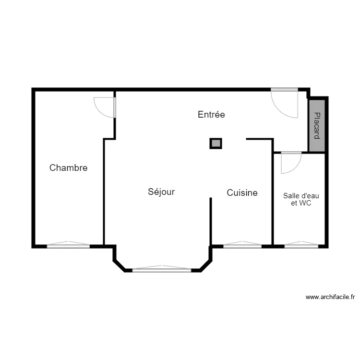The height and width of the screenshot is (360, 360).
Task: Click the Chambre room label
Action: click(69, 168)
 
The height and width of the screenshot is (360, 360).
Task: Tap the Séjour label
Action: click(161, 192)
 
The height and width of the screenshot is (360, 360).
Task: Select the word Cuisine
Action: click(242, 193)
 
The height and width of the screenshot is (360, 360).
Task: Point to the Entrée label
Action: click(211, 115)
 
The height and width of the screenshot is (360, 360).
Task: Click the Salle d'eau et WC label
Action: click(301, 199)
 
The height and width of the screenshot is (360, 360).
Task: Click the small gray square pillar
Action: click(216, 143)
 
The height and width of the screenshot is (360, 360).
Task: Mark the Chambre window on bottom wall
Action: click(68, 246)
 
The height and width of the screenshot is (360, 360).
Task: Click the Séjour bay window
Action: click(162, 270)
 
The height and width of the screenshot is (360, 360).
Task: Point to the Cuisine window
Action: click(242, 246)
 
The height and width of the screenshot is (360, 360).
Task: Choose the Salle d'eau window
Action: click(301, 246)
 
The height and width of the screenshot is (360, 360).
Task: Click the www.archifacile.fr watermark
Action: click(330, 297)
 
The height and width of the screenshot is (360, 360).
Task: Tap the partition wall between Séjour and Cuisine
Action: click(211, 221)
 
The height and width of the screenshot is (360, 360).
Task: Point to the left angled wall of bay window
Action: click(120, 265)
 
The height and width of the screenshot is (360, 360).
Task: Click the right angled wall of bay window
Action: click(205, 265)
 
